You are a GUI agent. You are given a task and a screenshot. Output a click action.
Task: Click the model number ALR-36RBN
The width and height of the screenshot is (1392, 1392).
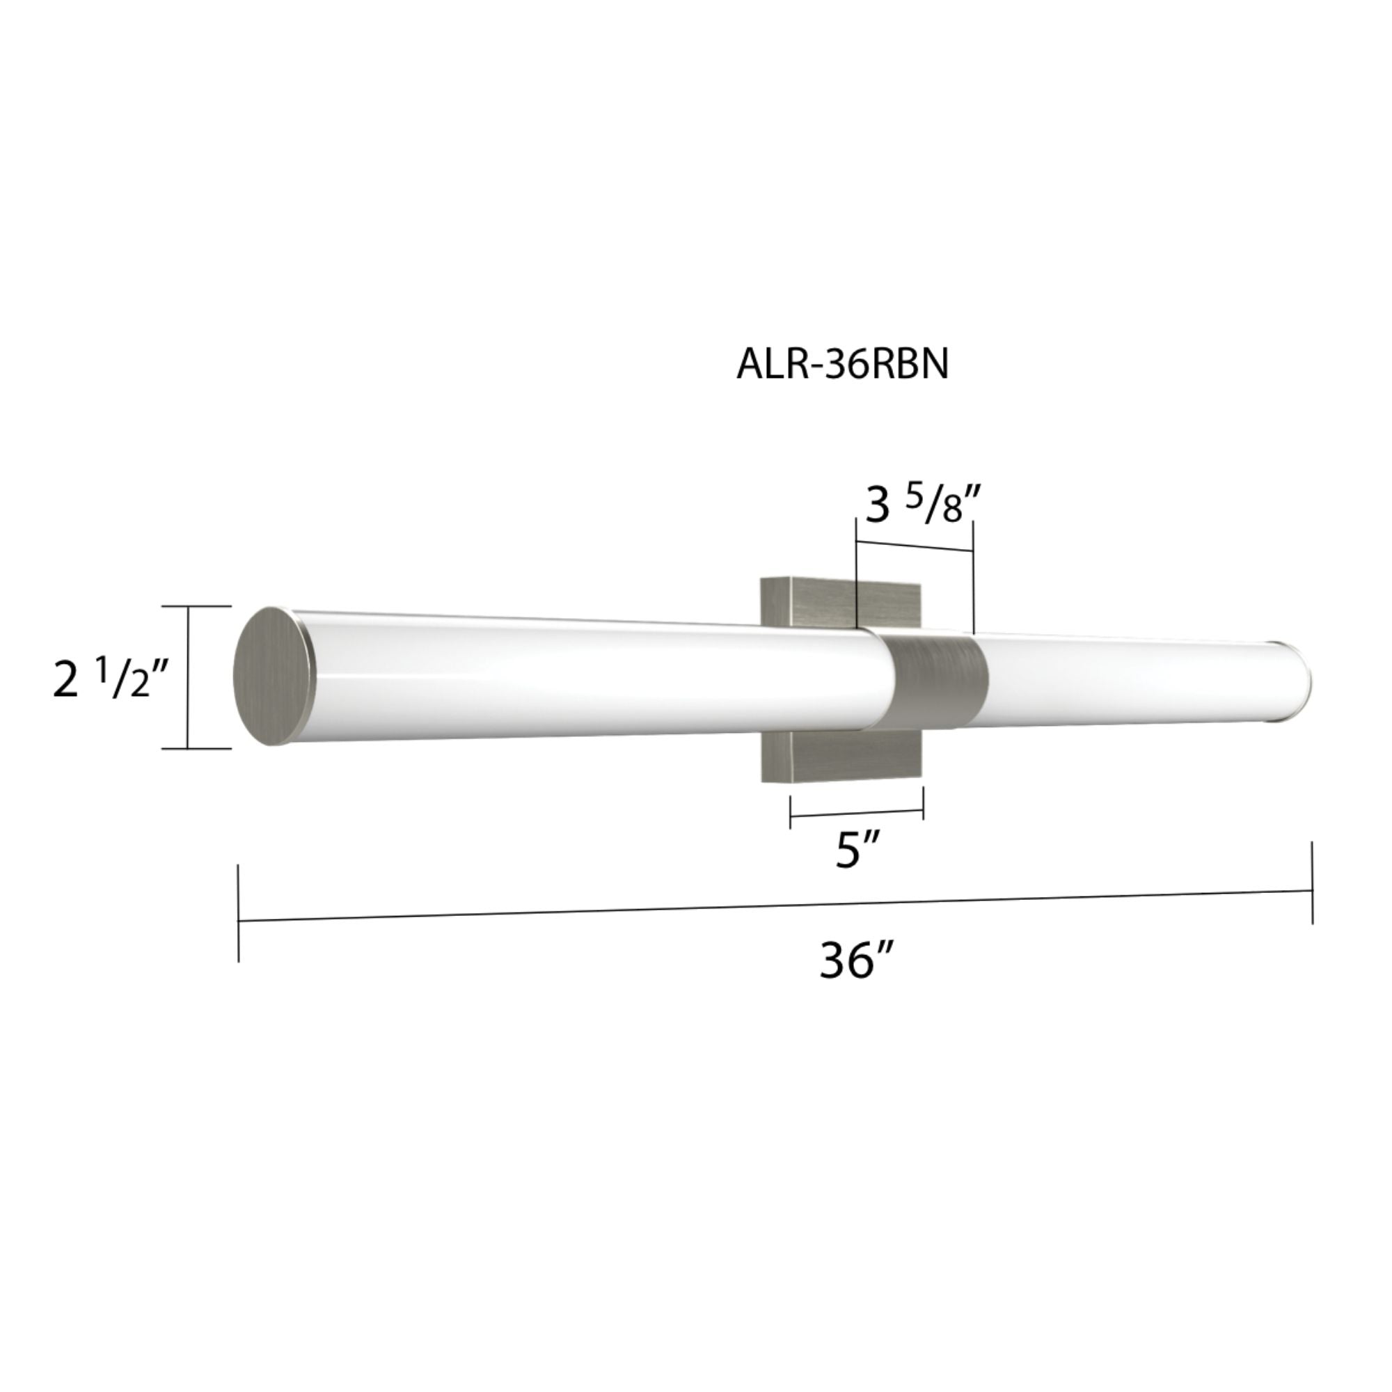click(x=842, y=365)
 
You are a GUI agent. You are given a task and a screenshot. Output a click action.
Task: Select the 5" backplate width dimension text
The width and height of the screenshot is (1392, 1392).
click(x=858, y=852)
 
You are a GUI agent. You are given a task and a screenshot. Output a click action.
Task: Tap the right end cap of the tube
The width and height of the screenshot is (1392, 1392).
click(x=1306, y=681)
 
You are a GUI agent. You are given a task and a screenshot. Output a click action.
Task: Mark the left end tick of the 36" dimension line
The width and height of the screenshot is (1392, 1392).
click(x=239, y=913)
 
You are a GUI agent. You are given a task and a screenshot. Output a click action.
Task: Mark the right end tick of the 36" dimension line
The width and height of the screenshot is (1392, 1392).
click(x=1312, y=883)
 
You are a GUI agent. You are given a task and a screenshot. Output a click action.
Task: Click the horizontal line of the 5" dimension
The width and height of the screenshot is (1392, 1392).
click(x=857, y=814)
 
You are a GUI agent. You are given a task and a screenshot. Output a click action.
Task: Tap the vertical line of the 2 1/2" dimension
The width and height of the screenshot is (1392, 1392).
click(x=188, y=677)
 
